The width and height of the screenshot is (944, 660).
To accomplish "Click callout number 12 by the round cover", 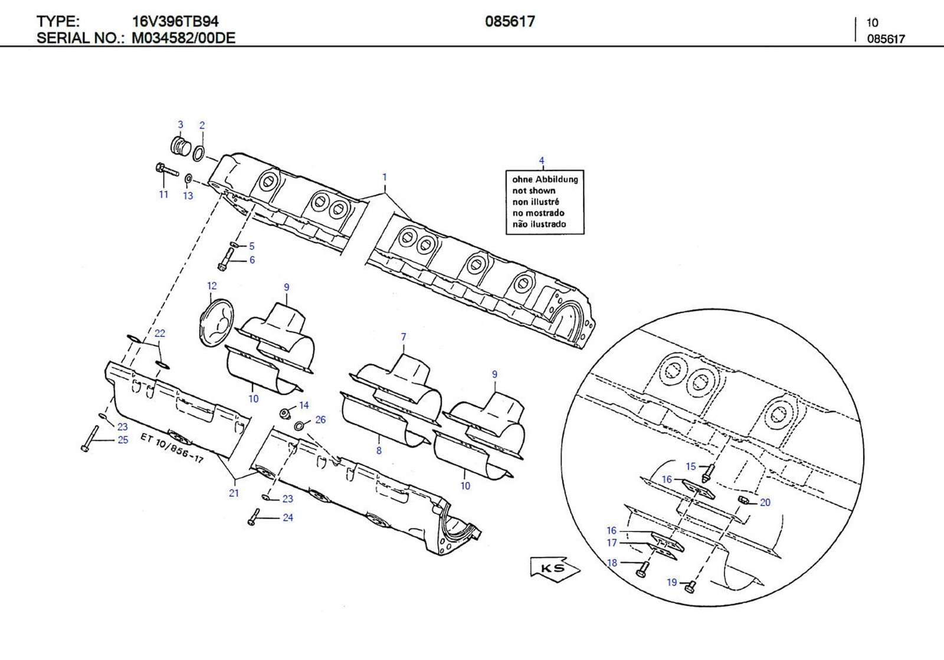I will click(212, 286).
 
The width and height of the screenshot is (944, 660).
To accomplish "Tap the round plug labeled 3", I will click(179, 146).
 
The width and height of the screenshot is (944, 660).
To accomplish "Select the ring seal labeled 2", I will click(199, 153).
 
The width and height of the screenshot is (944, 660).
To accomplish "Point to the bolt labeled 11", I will click(167, 170).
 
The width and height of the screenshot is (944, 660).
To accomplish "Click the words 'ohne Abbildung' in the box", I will click(545, 179).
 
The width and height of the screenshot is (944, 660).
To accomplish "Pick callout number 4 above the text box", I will click(542, 160).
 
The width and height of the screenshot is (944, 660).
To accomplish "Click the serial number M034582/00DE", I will click(183, 38).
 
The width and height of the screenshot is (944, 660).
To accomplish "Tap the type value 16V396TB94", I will click(175, 22).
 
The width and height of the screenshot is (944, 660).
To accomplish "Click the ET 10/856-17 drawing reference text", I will click(172, 447).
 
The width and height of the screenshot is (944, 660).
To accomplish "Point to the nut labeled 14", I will click(285, 412).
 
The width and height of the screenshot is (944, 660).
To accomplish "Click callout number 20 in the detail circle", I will click(765, 503).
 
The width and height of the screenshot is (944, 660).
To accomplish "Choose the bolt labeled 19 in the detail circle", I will click(690, 586).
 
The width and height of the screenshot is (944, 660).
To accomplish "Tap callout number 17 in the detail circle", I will click(612, 543).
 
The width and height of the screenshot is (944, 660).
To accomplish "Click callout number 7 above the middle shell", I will click(404, 337).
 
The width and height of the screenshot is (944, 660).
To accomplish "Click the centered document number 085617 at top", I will click(510, 22).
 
